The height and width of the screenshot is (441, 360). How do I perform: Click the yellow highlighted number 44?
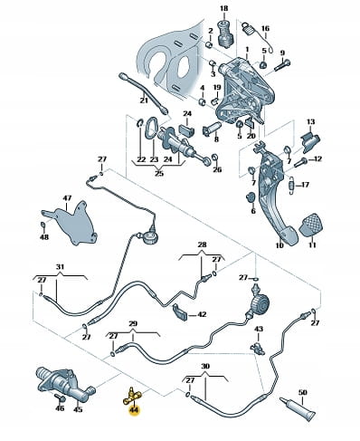pos(133,410)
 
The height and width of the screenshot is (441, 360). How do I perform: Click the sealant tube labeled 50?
pos(298,410)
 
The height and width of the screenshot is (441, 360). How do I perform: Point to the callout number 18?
pos(224,8)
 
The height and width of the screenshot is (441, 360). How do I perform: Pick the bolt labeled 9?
pos(282,66)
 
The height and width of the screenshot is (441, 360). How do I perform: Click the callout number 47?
pos(67,198)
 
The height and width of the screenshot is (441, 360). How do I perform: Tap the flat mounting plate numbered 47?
pos(70,223)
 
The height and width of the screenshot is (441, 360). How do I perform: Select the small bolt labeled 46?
pos(61,398)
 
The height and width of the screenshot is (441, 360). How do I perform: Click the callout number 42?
pos(202,314)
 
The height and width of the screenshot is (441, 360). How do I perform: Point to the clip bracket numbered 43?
pos(258,348)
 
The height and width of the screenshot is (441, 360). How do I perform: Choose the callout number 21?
pos(144,100)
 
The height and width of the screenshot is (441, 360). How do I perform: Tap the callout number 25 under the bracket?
pos(159,173)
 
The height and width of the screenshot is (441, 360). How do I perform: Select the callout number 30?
pos(205,367)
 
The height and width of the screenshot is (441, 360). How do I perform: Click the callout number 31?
pos(61,267)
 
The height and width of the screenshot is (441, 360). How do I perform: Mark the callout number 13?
pos(311,122)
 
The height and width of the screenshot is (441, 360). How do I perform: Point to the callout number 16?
pos(265,29)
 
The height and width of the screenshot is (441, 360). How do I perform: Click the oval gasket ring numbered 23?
pos(150,128)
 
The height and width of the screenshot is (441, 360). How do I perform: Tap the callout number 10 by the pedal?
pos(279,245)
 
